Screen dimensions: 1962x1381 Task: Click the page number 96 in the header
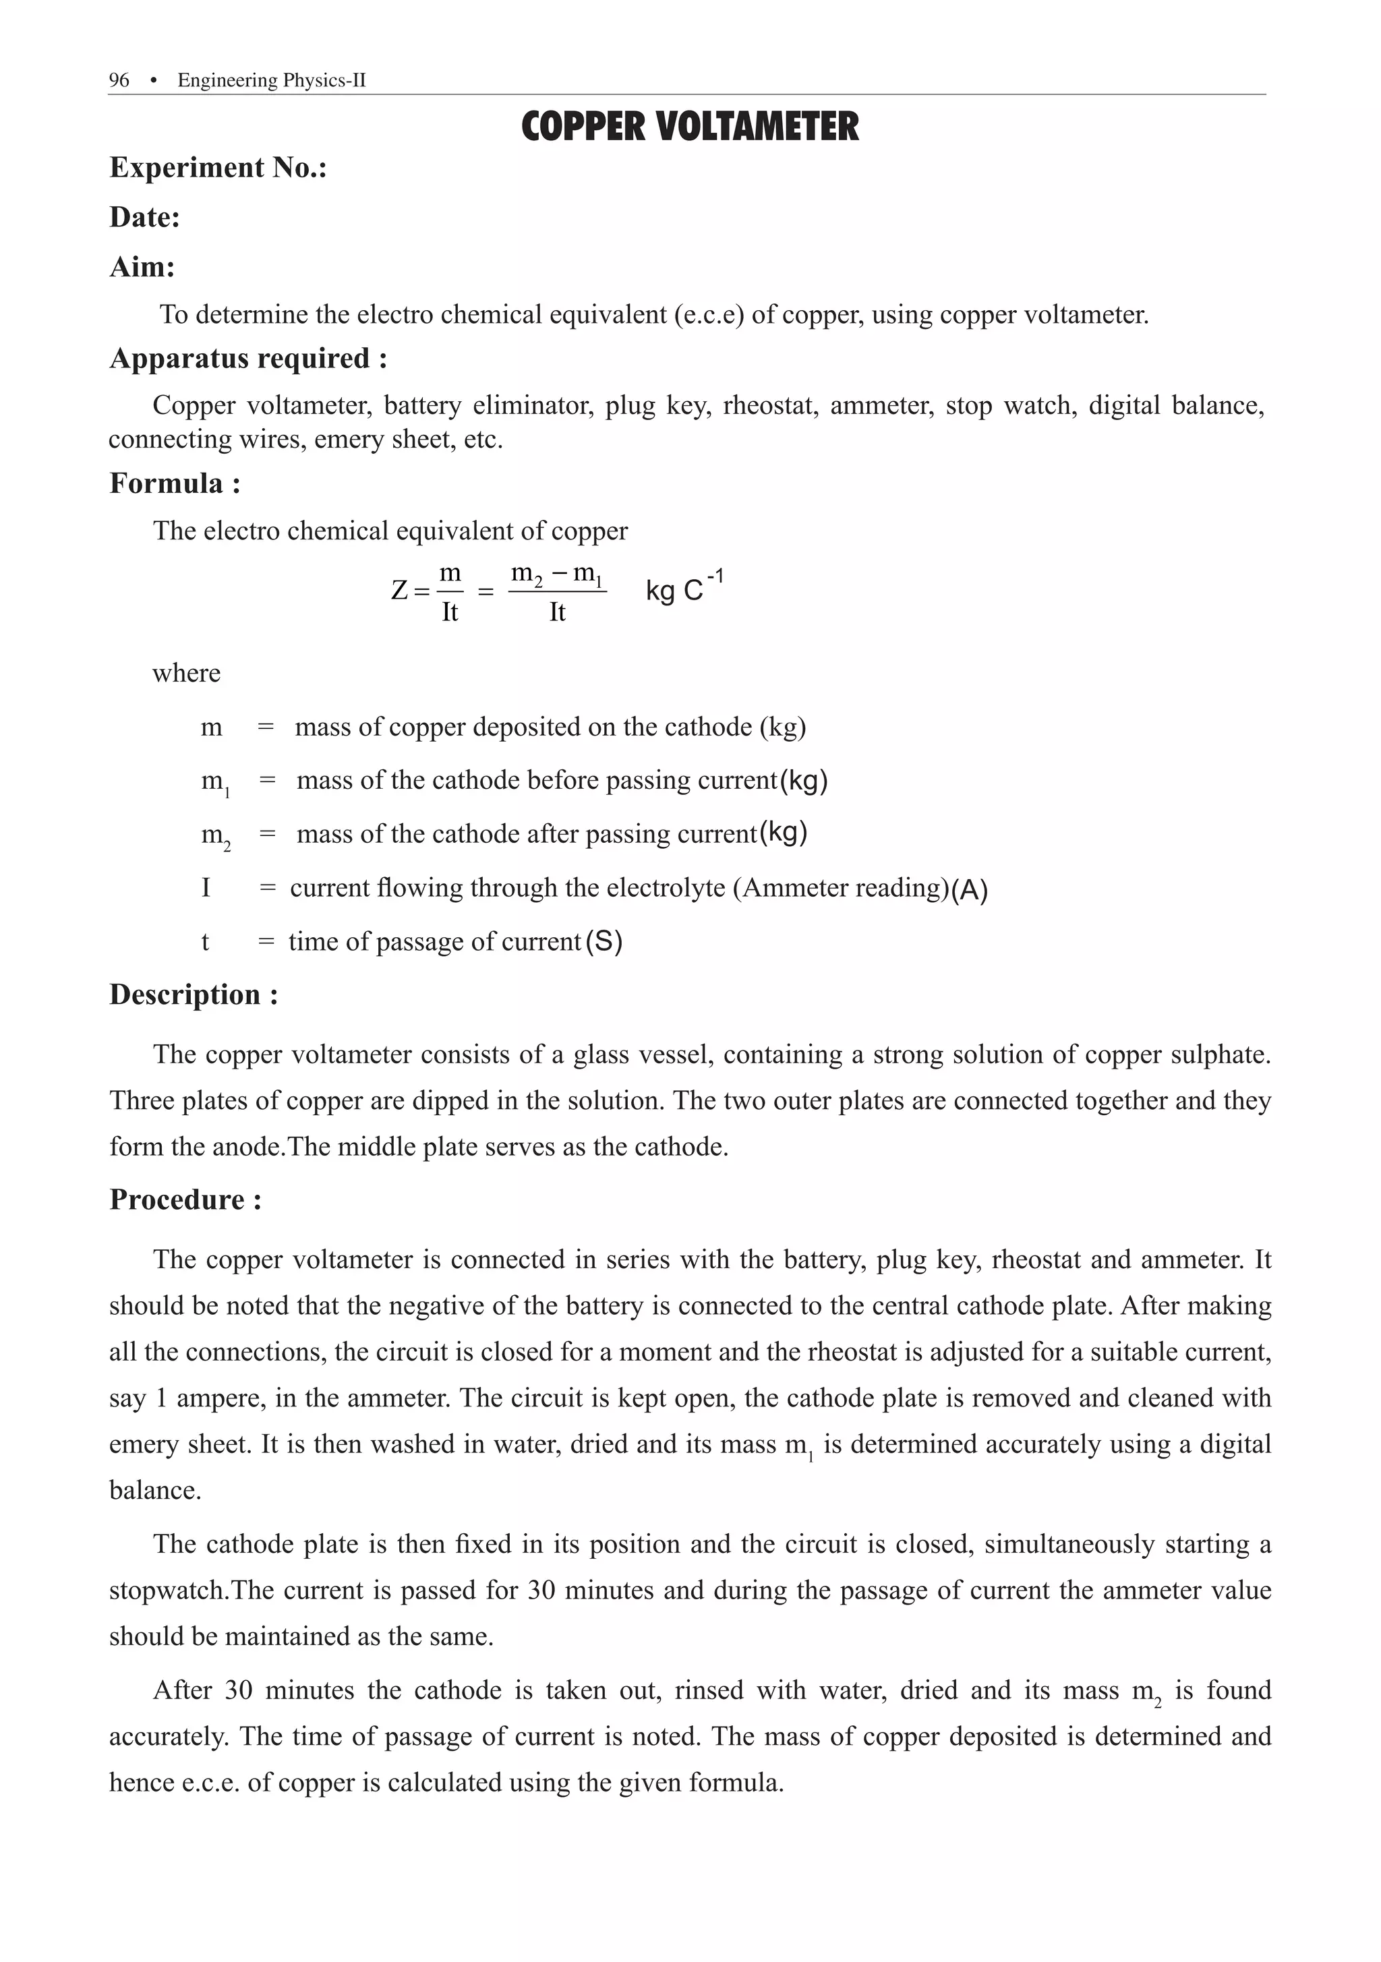click(119, 80)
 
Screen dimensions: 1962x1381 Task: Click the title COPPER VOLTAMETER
click(690, 127)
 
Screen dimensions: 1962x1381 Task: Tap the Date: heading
click(144, 217)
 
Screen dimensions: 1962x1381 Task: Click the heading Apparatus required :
click(248, 358)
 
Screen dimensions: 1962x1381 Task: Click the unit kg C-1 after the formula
click(683, 588)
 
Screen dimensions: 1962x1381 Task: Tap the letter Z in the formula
click(399, 591)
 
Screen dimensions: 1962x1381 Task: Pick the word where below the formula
click(186, 674)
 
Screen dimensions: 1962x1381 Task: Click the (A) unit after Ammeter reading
click(969, 891)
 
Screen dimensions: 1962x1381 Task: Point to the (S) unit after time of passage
click(604, 942)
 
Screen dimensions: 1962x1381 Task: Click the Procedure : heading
click(185, 1199)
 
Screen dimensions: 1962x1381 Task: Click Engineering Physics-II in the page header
click(272, 80)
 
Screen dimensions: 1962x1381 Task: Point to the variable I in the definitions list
click(206, 888)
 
